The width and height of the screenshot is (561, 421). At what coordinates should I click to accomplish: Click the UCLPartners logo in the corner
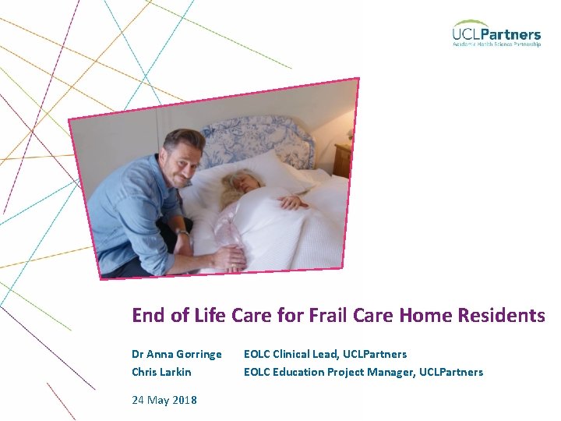click(496, 33)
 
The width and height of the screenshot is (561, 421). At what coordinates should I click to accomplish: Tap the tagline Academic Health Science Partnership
click(496, 44)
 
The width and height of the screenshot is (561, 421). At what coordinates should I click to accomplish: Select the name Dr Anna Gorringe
click(177, 355)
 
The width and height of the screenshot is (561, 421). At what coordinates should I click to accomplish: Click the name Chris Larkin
click(161, 372)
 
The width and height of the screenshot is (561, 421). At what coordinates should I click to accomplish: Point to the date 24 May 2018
click(164, 400)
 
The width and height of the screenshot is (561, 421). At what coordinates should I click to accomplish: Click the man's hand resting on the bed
click(229, 257)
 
